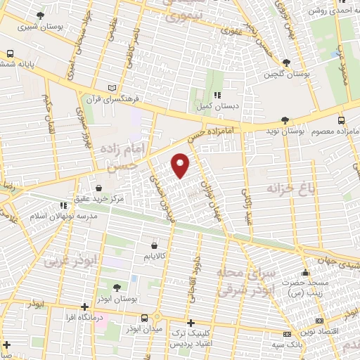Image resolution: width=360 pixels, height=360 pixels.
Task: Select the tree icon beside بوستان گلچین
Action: click(x=285, y=63)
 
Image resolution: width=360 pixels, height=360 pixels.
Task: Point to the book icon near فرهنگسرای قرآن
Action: click(x=111, y=88)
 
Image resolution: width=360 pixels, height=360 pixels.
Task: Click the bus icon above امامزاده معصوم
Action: click(x=342, y=120)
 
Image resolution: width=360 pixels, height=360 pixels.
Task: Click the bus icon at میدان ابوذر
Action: click(x=145, y=317)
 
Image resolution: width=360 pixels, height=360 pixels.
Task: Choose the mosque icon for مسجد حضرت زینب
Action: click(x=304, y=273)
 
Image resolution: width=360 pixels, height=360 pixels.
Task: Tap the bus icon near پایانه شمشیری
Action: click(x=10, y=53)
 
